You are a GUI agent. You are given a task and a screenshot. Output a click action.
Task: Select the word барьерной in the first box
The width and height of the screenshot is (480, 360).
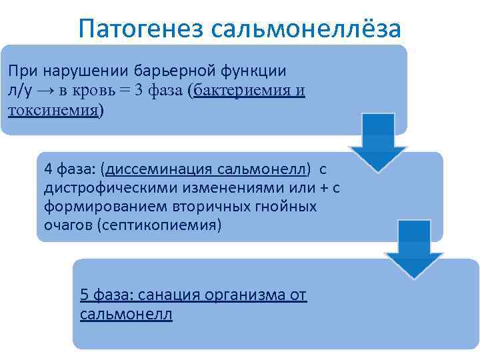170,71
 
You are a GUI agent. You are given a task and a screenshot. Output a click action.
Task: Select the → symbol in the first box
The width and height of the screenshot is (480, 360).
49,91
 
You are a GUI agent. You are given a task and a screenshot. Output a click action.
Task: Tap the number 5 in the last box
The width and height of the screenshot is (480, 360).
83,295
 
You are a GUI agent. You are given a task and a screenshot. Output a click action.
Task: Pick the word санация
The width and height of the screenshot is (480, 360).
163,295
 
